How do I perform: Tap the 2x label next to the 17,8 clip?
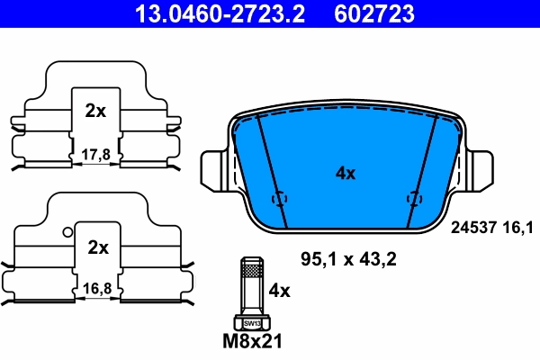95,112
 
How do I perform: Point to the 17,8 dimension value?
94,155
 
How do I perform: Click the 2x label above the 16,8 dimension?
97,247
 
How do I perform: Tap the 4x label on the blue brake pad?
345,174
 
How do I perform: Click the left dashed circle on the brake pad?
278,198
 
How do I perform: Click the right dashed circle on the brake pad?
414,198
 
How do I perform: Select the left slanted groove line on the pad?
267,162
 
